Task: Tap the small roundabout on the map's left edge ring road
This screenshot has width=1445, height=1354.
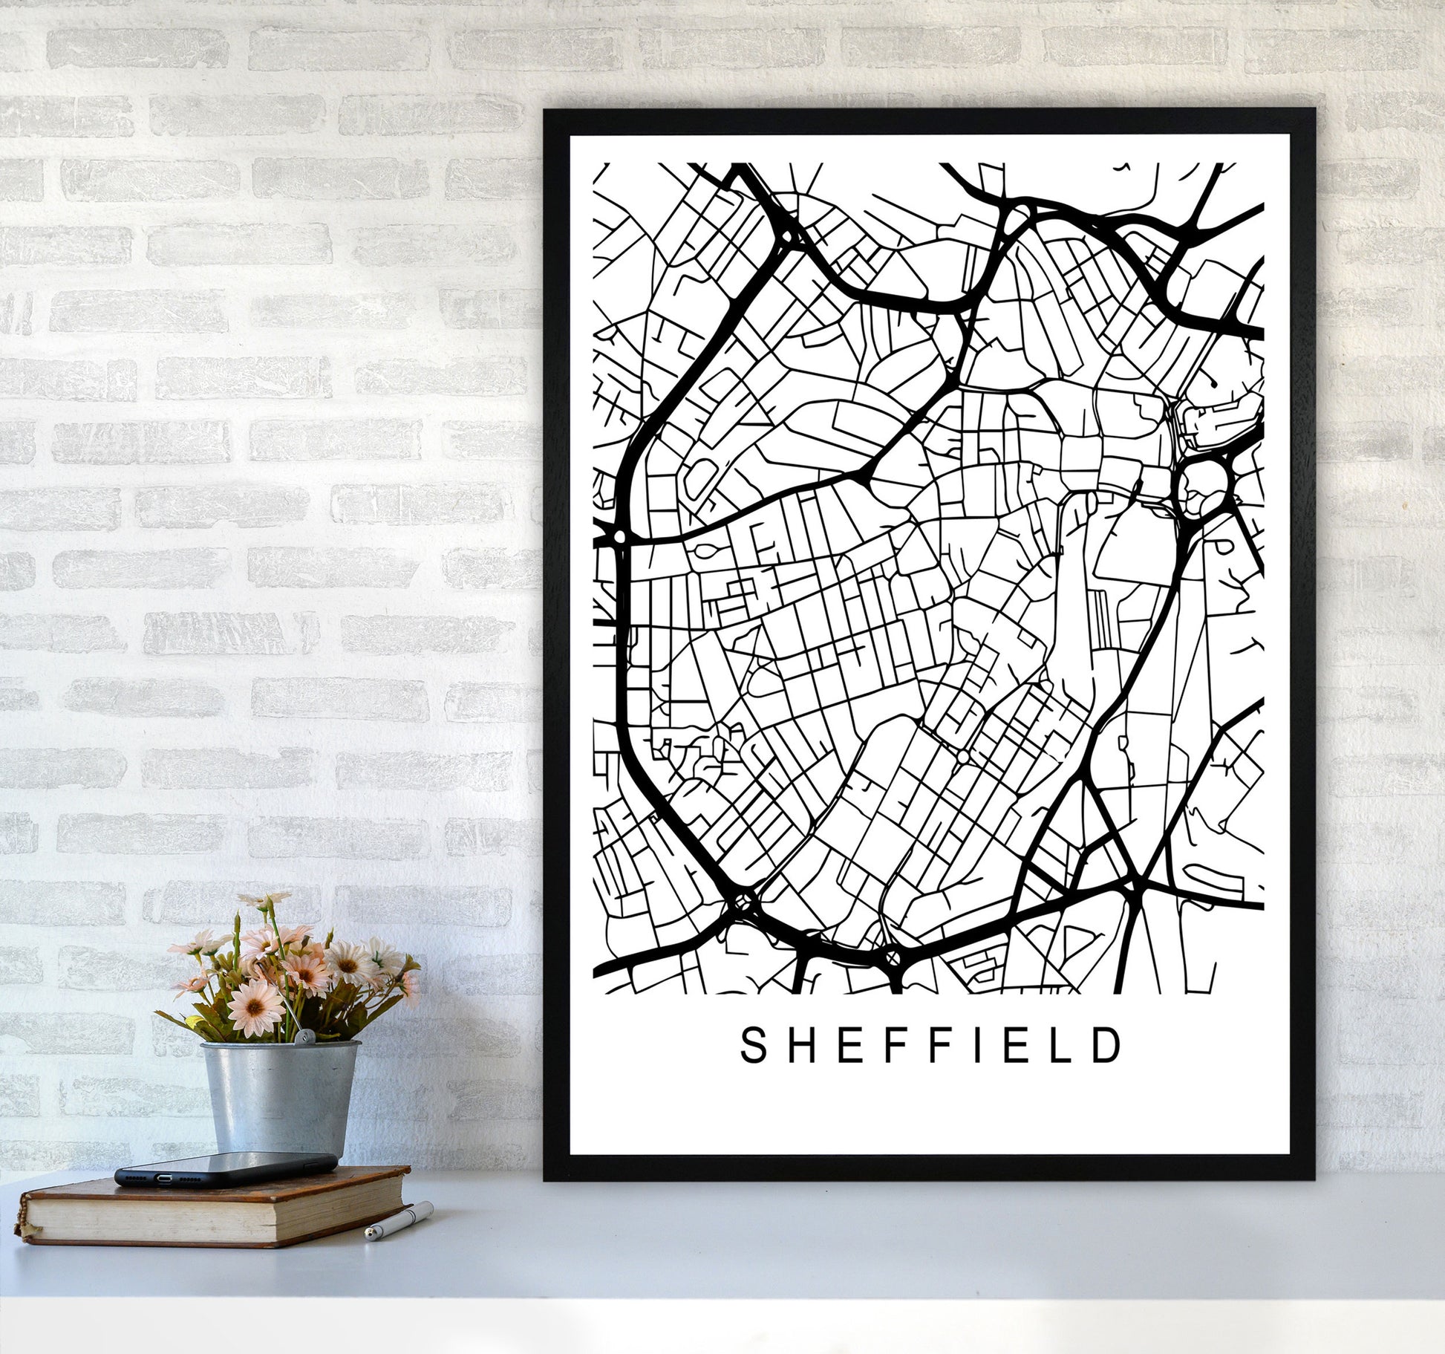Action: pyautogui.click(x=618, y=536)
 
